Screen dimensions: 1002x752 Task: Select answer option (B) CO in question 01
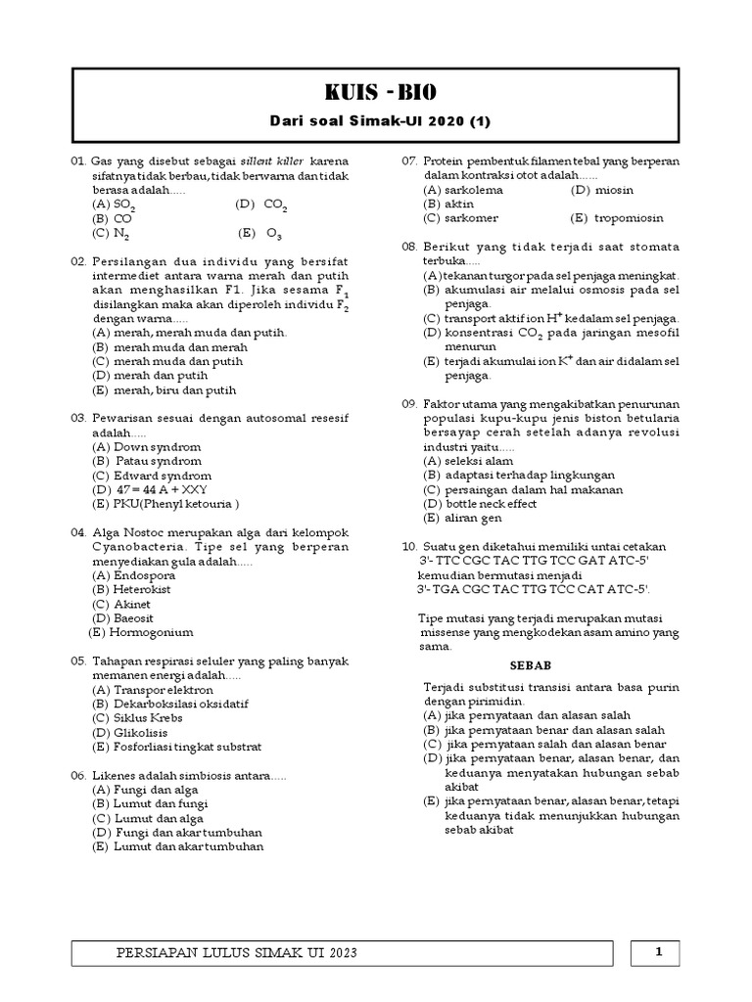pyautogui.click(x=113, y=219)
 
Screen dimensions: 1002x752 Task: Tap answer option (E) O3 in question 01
pyautogui.click(x=259, y=235)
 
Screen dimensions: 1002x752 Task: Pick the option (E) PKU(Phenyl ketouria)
pyautogui.click(x=165, y=504)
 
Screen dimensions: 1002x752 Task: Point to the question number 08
pyautogui.click(x=409, y=247)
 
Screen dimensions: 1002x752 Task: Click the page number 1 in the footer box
pyautogui.click(x=659, y=950)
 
